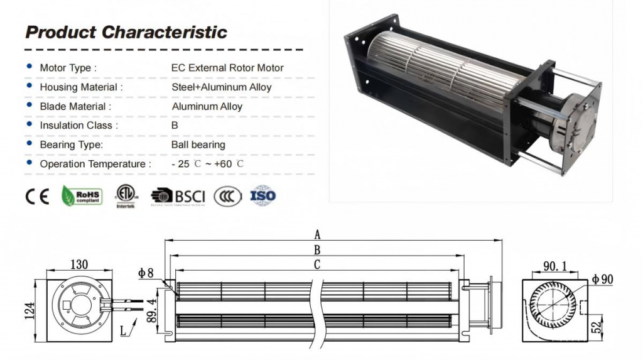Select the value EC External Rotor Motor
(227, 68)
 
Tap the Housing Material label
(81, 87)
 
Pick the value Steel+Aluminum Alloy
(222, 87)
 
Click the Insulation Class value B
(175, 126)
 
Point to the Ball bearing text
(198, 145)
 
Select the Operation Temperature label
(95, 164)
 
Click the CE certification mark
(37, 197)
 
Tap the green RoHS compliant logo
(82, 197)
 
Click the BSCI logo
(178, 197)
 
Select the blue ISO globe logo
(262, 196)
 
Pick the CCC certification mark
(227, 197)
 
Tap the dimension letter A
(318, 235)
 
